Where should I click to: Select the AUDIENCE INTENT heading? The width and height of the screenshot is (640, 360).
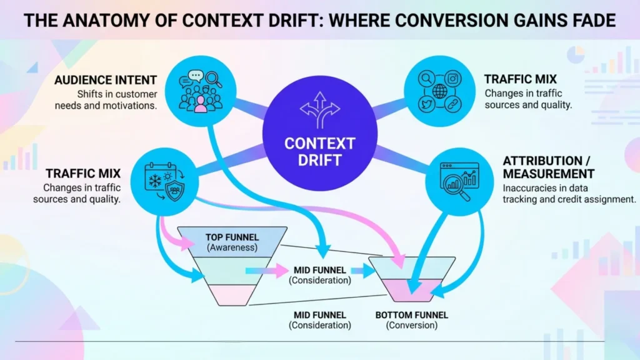(x=106, y=81)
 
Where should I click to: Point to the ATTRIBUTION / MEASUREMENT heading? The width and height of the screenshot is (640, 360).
(x=548, y=167)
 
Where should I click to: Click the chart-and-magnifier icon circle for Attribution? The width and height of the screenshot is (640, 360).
(x=459, y=182)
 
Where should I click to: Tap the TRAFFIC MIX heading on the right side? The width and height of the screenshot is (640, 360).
(x=520, y=79)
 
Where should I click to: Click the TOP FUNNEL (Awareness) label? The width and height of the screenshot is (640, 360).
(x=232, y=242)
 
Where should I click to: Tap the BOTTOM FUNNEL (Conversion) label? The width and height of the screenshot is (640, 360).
(x=411, y=320)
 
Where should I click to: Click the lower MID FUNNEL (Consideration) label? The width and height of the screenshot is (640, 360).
(x=320, y=320)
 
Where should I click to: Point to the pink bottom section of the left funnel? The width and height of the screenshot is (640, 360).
(x=232, y=294)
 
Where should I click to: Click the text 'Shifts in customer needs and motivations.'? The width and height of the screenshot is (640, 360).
(x=117, y=99)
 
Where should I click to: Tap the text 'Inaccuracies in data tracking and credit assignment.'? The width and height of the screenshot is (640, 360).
(x=569, y=194)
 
